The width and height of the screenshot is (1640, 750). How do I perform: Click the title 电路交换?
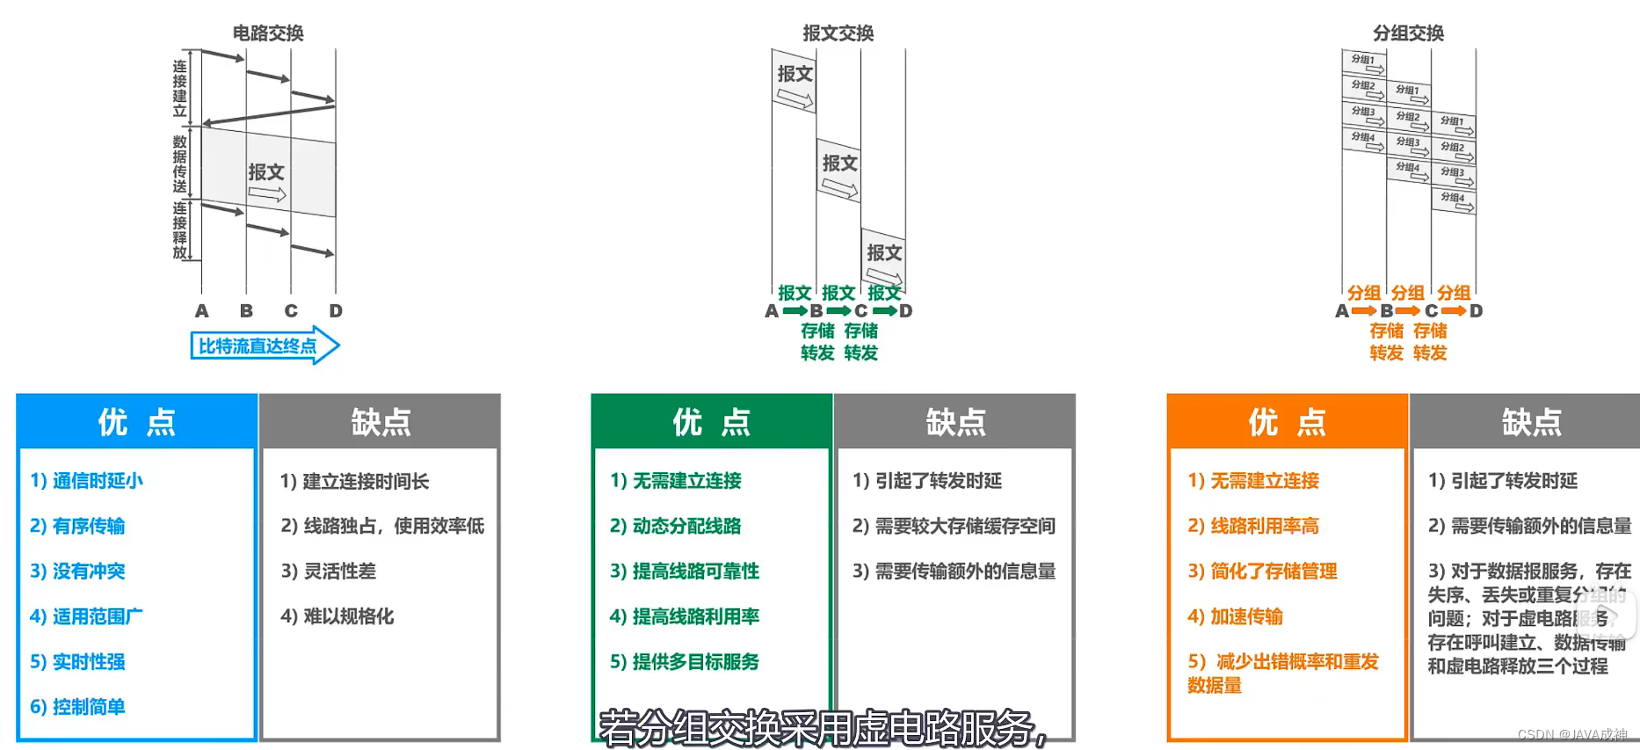pos(268,33)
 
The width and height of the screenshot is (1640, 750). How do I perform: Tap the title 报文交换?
pos(838,33)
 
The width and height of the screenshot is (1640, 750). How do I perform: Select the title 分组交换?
pos(1408,33)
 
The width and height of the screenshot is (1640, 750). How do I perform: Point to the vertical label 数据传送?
pos(179,164)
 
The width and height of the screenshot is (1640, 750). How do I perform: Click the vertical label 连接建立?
pos(179,88)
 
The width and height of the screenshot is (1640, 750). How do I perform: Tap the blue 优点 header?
pos(136,422)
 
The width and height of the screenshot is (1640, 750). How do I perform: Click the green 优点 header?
pos(711,422)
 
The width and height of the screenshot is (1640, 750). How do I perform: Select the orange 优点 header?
pos(1287,422)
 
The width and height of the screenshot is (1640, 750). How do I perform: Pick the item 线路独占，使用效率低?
pos(382,526)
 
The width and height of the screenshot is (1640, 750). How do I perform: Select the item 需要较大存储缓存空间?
pos(954,526)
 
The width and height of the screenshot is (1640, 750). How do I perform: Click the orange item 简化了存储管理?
pos(1262,572)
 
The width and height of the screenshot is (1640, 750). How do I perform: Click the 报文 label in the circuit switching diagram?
pos(266,172)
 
